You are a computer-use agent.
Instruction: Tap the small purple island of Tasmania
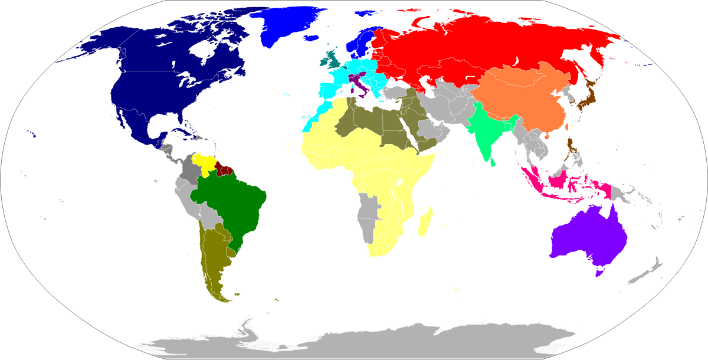(x=600, y=271)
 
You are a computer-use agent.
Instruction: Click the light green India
(x=486, y=133)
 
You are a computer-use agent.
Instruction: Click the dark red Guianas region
(x=224, y=169)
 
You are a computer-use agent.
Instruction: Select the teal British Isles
(x=331, y=58)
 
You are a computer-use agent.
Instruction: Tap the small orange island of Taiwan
(x=568, y=126)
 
